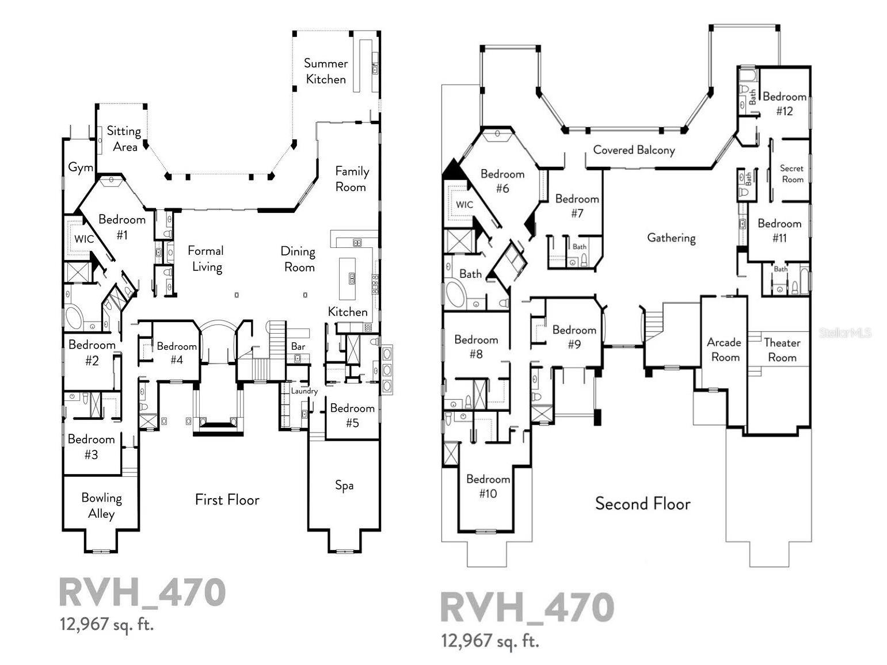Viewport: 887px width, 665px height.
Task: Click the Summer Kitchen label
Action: click(x=326, y=71)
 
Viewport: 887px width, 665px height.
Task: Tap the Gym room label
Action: click(x=81, y=167)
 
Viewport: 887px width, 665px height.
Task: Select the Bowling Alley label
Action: click(x=101, y=506)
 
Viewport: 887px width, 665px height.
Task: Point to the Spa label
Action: click(x=344, y=486)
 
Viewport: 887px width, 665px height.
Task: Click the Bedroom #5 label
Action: click(x=352, y=415)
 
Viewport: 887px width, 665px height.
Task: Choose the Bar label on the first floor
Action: click(x=298, y=346)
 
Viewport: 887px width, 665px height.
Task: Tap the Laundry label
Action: click(x=304, y=391)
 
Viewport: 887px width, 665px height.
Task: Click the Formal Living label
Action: click(x=206, y=258)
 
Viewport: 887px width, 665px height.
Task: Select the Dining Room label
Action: click(x=298, y=259)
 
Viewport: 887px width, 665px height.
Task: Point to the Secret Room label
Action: click(x=792, y=174)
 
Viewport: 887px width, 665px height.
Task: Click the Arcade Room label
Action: click(x=724, y=350)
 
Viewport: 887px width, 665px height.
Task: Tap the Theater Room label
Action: click(x=782, y=350)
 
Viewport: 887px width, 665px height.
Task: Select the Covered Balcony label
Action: click(x=634, y=150)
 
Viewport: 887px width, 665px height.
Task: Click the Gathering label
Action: click(x=671, y=238)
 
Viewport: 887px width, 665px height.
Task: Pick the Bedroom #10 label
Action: click(x=488, y=486)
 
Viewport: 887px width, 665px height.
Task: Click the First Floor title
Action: click(x=227, y=499)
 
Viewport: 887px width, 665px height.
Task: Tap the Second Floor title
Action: click(x=643, y=504)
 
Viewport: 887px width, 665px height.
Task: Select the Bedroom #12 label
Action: click(x=785, y=104)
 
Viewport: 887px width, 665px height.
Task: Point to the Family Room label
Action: click(x=352, y=179)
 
